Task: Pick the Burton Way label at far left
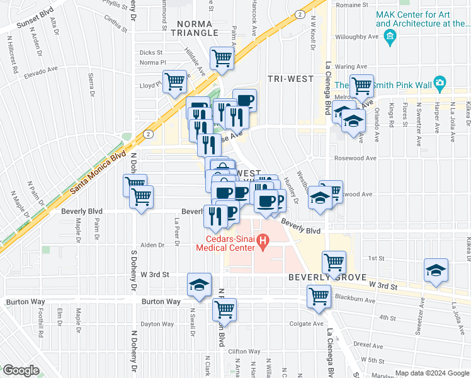(23, 302)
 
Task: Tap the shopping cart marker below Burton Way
(224, 310)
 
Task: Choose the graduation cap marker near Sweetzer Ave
(436, 270)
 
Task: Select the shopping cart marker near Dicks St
(222, 59)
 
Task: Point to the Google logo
(21, 370)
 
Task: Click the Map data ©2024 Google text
(431, 373)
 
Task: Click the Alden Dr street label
(152, 244)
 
